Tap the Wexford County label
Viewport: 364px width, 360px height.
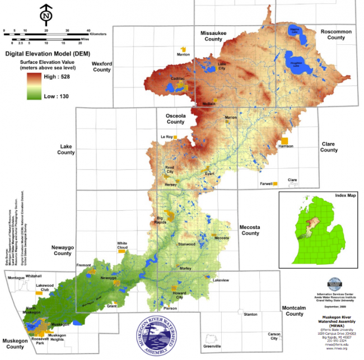(x=102, y=67)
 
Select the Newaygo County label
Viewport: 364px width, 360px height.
(x=62, y=250)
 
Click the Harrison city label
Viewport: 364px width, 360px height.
(x=286, y=147)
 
